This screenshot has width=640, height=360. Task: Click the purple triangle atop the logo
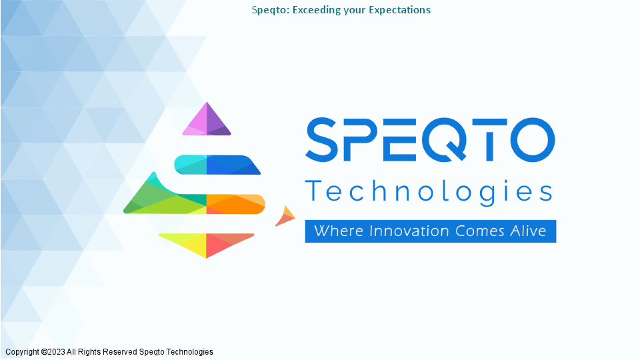[x=207, y=121]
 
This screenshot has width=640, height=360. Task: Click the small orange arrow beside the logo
[x=286, y=217]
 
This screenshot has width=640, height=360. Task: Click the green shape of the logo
[x=160, y=200]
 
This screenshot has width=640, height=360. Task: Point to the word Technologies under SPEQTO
[x=429, y=192]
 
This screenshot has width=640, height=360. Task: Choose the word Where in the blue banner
[x=339, y=231]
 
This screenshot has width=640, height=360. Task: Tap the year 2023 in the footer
[x=56, y=352]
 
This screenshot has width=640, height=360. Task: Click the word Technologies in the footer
[x=189, y=352]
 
